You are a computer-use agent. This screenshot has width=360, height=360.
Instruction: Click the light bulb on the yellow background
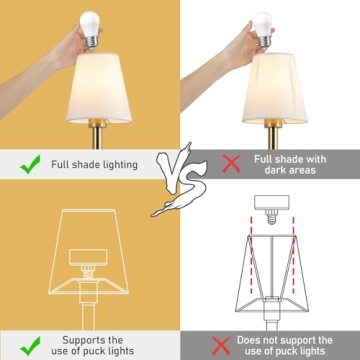[90, 28]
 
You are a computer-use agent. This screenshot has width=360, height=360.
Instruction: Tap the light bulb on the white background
[262, 29]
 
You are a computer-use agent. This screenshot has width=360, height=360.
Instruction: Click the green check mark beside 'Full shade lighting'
[30, 164]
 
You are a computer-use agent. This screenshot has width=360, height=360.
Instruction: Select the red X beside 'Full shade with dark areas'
[232, 163]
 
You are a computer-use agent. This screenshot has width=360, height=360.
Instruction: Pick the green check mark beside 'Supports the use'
[30, 346]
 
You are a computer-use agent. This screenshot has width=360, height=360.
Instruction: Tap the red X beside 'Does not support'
[221, 346]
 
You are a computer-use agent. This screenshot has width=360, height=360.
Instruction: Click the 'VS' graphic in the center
[179, 180]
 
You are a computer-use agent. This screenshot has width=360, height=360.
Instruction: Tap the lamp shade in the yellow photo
[99, 88]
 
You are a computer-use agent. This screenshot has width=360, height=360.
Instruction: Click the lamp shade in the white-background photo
[275, 88]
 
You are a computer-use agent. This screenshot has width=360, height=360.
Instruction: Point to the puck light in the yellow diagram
[88, 257]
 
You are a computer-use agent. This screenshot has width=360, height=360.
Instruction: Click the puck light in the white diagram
[272, 203]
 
